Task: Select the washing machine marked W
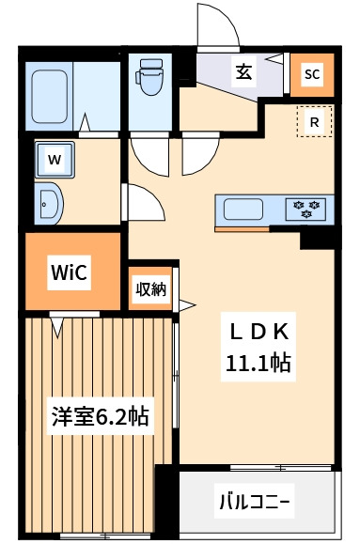click(55, 159)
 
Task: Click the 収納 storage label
click(151, 289)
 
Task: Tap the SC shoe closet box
click(312, 74)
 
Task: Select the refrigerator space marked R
click(314, 121)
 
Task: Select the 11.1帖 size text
click(258, 363)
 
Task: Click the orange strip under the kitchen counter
click(242, 228)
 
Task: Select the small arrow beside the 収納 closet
click(187, 304)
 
